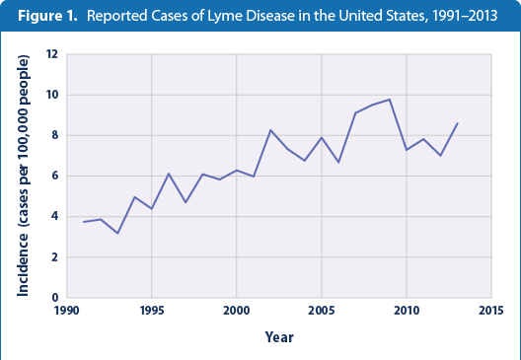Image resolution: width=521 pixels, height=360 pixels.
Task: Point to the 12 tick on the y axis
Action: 52,54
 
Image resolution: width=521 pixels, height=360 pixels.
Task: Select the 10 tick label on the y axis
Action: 52,95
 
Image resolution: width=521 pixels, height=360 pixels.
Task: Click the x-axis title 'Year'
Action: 278,337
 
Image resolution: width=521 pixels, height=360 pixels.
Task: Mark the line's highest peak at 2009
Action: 389,100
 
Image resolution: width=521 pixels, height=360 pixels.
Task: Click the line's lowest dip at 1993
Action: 117,233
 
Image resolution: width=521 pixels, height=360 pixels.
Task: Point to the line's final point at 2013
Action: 457,123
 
